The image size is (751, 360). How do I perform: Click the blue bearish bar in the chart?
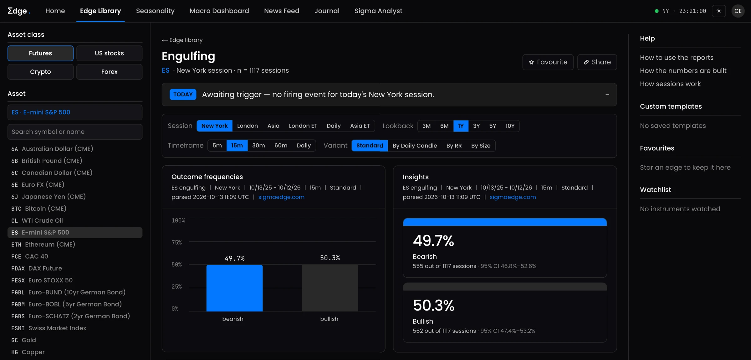234,288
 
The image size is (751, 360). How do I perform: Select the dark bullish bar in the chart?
330,288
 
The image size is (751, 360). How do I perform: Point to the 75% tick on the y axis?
176,243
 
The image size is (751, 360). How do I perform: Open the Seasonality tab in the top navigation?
155,11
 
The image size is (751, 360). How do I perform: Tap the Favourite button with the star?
548,62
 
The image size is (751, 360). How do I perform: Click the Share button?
597,62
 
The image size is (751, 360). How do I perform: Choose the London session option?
248,126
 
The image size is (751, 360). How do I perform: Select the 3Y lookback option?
476,126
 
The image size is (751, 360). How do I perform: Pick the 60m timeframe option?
281,146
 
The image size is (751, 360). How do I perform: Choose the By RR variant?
454,146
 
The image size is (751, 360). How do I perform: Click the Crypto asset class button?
40,72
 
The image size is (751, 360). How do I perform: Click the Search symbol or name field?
75,132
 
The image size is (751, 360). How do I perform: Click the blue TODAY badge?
183,95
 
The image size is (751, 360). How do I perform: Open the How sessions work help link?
670,84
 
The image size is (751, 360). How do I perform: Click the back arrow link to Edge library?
182,40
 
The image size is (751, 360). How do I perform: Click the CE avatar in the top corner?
738,11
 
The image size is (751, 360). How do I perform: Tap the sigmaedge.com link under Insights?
513,197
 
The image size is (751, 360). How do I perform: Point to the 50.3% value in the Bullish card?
433,305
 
